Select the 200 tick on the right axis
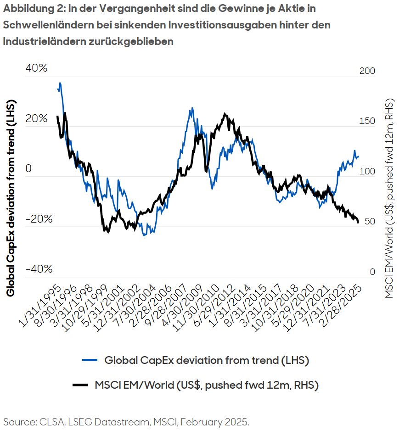(x=366, y=71)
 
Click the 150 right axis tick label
(x=366, y=121)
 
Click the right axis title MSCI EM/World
(x=390, y=198)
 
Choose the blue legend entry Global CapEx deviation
(x=207, y=360)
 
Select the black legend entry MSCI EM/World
(x=207, y=385)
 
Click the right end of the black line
(x=358, y=222)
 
